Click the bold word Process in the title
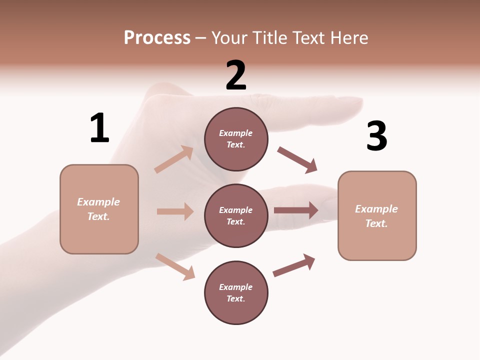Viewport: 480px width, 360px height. pyautogui.click(x=157, y=38)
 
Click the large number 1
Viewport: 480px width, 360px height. pyautogui.click(x=99, y=128)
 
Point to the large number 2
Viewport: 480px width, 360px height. pyautogui.click(x=236, y=75)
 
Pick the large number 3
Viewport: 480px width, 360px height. pyautogui.click(x=377, y=136)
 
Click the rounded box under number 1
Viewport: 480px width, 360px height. pyautogui.click(x=99, y=209)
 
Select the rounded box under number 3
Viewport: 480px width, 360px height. pyautogui.click(x=377, y=215)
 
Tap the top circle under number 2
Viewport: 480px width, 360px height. pyautogui.click(x=236, y=139)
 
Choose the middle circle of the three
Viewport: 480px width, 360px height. pyautogui.click(x=236, y=215)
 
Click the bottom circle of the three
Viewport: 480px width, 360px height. pyautogui.click(x=236, y=292)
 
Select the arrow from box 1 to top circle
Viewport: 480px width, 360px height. pyautogui.click(x=174, y=159)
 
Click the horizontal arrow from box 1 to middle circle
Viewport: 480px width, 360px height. pyautogui.click(x=175, y=211)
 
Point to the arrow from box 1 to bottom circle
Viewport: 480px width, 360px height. pyautogui.click(x=175, y=266)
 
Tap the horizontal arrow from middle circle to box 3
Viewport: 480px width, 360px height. pyautogui.click(x=296, y=210)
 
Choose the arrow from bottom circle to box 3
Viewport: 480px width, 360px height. pyautogui.click(x=294, y=265)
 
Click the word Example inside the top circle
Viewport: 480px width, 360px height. pyautogui.click(x=236, y=133)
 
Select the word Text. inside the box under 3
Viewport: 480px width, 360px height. pyautogui.click(x=376, y=223)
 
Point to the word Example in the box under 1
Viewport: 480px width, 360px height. pyautogui.click(x=98, y=202)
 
